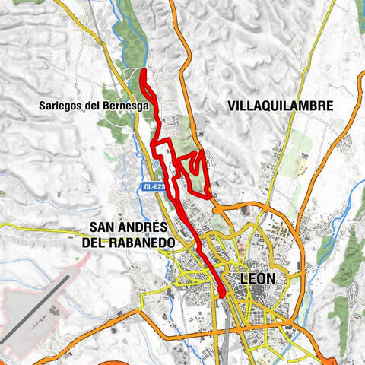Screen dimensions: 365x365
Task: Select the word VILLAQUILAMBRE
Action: point(280,107)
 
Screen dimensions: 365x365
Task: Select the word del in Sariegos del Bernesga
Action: point(94,107)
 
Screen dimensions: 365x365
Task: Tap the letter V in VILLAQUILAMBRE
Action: point(232,107)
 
